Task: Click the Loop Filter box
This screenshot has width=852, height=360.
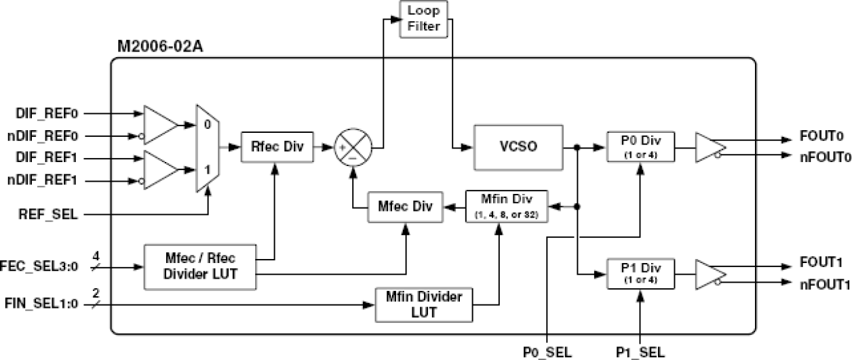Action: click(x=424, y=19)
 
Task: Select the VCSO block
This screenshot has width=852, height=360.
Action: click(x=519, y=146)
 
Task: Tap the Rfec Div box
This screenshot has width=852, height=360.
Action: click(x=278, y=147)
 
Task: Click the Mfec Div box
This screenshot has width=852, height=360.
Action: click(x=404, y=207)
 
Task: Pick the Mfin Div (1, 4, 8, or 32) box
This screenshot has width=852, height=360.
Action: click(x=506, y=207)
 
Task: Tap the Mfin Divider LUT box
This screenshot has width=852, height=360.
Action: click(x=424, y=304)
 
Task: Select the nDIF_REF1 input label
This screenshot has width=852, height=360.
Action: click(x=42, y=181)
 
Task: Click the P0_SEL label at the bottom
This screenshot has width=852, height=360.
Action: click(x=547, y=352)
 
